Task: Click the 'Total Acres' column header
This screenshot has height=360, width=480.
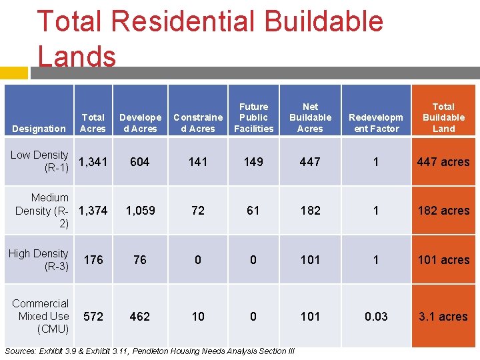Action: [x=93, y=123]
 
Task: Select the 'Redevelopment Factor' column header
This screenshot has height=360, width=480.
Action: [x=376, y=123]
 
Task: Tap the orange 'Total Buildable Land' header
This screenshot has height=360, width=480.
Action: [x=443, y=117]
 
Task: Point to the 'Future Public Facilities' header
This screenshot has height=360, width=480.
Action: [x=253, y=117]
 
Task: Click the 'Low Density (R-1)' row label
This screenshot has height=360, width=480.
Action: [x=39, y=161]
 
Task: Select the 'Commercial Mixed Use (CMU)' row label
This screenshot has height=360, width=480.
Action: [x=40, y=316]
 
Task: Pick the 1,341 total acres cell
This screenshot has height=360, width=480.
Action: [x=93, y=161]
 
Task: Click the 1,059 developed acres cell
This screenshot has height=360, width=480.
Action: [x=140, y=211]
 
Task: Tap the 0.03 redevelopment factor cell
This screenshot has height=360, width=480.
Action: [x=376, y=317]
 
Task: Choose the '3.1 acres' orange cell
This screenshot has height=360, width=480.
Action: [x=443, y=317]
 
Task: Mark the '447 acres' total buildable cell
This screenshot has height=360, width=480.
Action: [x=443, y=161]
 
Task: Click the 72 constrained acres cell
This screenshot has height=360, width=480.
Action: [x=198, y=211]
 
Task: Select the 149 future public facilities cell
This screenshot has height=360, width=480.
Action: [x=253, y=161]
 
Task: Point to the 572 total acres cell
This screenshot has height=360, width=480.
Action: [x=93, y=317]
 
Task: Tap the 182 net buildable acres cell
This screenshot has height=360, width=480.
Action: [x=310, y=211]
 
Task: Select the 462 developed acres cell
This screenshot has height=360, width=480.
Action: [x=140, y=317]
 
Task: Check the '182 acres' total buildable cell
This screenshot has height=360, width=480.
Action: [x=443, y=211]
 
